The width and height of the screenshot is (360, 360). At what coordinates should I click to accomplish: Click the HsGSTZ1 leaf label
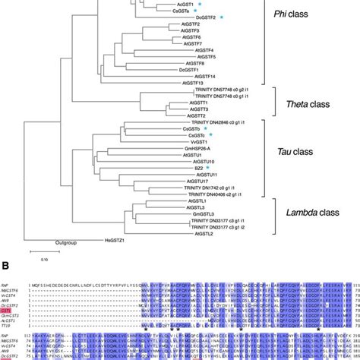coord(116,239)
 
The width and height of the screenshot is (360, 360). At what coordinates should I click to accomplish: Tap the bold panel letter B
coord(5,275)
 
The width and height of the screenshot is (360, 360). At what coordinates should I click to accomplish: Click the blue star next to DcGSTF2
coord(223,17)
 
